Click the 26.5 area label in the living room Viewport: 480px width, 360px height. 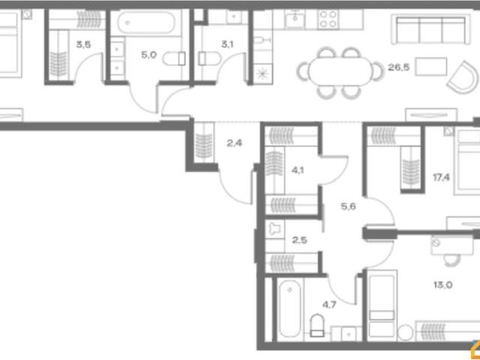398,67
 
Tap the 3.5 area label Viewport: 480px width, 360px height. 83,45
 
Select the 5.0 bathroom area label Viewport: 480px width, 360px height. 148,55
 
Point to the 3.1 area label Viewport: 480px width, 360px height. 227,45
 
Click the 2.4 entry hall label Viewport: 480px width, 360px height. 235,143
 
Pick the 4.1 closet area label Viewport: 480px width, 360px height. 298,170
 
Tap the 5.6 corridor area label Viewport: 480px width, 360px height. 348,207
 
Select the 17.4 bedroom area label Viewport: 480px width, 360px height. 441,177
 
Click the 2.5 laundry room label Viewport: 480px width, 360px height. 299,240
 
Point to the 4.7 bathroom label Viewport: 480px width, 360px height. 329,304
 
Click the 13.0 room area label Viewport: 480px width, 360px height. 443,285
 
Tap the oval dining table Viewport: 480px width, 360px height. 340,71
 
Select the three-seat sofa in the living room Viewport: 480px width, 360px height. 430,29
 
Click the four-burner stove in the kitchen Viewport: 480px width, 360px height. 328,19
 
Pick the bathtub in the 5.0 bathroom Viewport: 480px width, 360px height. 147,22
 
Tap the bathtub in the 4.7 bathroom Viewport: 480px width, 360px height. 290,308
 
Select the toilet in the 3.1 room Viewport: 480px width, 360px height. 209,58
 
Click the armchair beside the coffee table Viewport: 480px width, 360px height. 463,77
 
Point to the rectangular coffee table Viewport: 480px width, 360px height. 431,67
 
